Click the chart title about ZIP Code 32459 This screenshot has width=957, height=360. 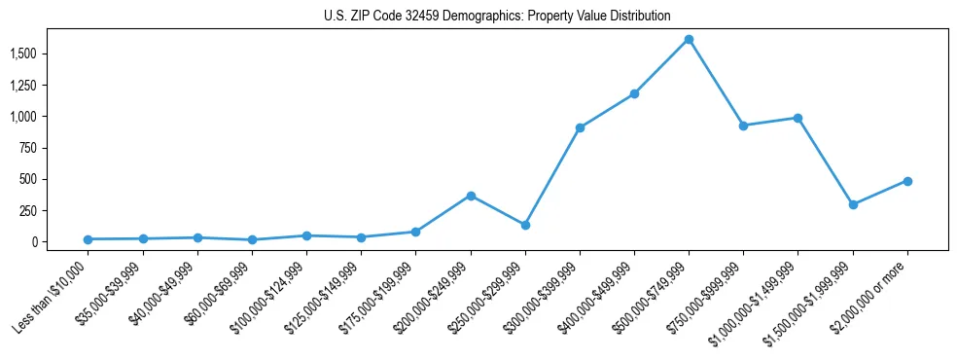(497, 16)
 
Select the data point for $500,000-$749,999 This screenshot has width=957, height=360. (689, 40)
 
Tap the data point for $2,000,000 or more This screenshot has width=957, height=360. (907, 181)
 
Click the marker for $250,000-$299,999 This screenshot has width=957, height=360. (525, 225)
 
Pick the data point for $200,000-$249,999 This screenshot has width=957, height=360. (471, 196)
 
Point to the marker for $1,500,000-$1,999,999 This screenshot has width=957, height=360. (853, 204)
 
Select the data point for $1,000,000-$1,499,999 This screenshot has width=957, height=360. (797, 118)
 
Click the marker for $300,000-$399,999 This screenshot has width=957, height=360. (580, 127)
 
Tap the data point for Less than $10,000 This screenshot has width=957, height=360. (89, 239)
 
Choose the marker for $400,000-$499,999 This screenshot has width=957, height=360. (634, 93)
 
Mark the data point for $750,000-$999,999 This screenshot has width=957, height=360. (743, 126)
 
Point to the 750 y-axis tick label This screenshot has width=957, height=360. (28, 148)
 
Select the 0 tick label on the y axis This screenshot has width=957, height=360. (34, 242)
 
